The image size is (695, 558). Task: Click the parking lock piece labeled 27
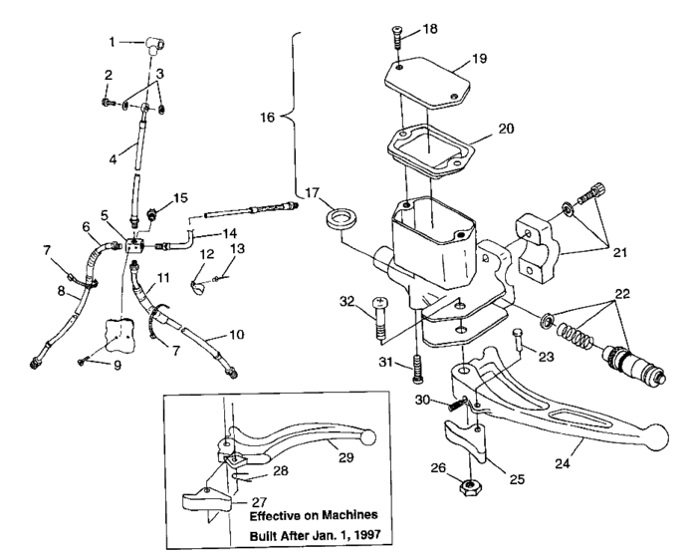203,498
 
